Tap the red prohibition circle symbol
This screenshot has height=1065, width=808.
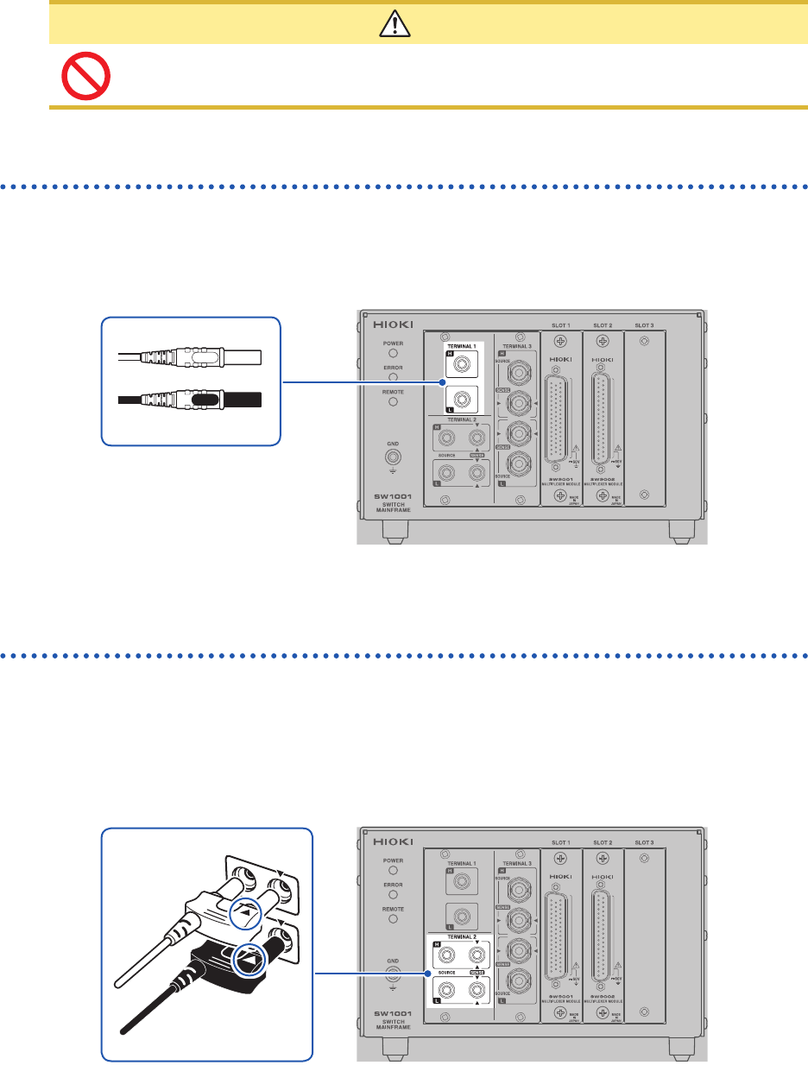[x=85, y=77]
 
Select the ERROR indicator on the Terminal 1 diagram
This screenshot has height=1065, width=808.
[x=393, y=376]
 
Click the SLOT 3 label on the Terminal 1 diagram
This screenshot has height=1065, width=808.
[x=644, y=325]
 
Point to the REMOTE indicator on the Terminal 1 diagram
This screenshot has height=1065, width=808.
[x=393, y=401]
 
